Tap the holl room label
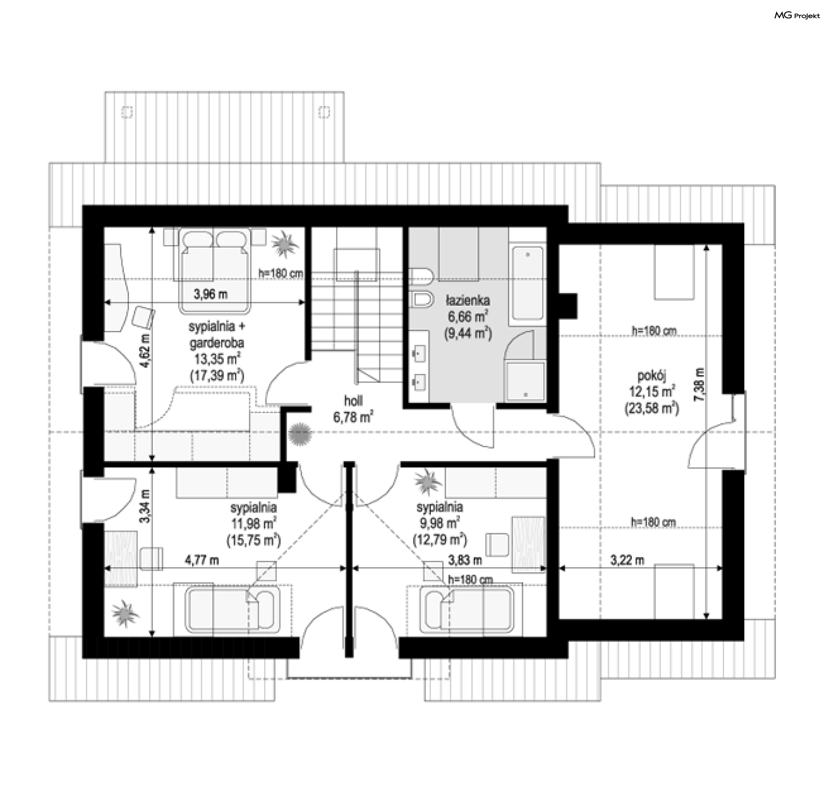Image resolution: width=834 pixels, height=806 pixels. pos(354,400)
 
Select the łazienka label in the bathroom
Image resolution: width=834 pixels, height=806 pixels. pos(468,300)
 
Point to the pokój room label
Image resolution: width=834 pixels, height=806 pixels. pos(652,374)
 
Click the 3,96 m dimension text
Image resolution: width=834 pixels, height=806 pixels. pos(211,294)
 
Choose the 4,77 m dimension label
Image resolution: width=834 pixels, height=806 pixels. pos(202,560)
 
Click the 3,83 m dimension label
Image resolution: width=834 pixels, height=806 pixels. pos(465,560)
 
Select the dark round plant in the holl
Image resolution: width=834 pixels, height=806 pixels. pos(300,433)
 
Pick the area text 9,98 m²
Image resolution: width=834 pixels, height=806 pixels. pos(440,523)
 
